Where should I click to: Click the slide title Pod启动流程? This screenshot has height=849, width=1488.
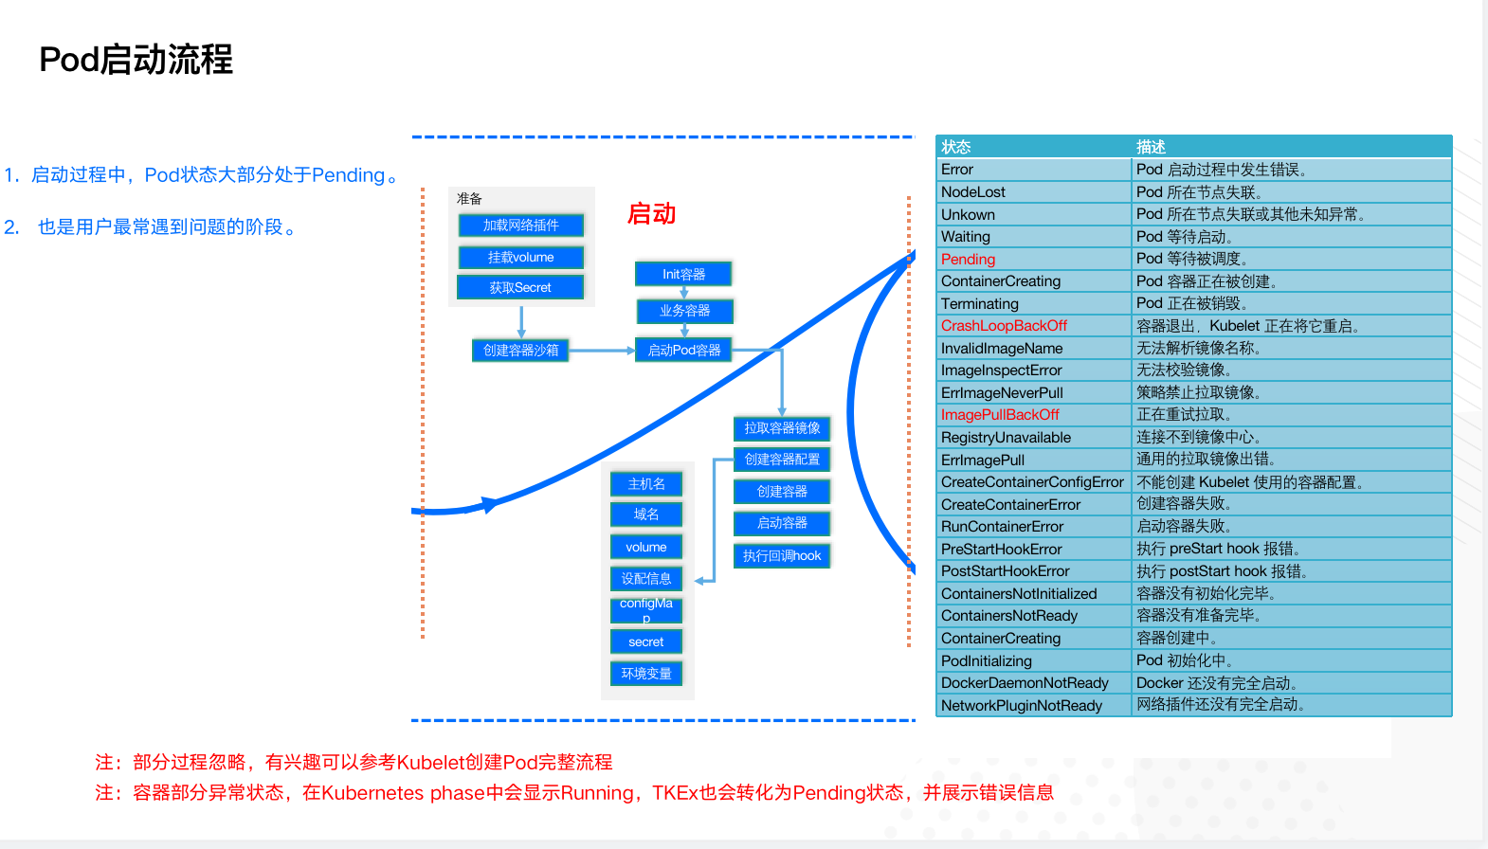coord(136,60)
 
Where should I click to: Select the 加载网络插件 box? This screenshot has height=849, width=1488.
coord(520,226)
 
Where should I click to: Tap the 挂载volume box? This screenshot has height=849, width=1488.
coord(520,257)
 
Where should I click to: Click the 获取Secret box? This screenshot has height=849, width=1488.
coord(520,287)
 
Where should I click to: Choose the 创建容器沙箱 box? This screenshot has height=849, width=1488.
coord(520,351)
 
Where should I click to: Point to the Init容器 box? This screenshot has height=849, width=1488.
coord(683,274)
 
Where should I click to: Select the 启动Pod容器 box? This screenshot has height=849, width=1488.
coord(683,351)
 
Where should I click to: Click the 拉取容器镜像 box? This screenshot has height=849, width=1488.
coord(782,428)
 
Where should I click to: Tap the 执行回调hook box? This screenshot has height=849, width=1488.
coord(782,556)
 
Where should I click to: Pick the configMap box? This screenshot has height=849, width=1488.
coord(646,610)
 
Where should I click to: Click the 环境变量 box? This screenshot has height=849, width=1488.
coord(646,674)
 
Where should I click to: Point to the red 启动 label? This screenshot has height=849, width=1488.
coord(651,214)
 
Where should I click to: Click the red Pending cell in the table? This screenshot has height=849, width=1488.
coord(968,260)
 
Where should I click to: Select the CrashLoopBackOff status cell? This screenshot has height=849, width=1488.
coord(1004,326)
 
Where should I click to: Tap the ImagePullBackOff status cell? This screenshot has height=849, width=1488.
coord(1000,415)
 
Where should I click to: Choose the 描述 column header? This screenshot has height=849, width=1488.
coord(1151,147)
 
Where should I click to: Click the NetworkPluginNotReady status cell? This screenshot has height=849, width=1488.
coord(1021,706)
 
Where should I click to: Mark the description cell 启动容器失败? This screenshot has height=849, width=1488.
coord(1184,527)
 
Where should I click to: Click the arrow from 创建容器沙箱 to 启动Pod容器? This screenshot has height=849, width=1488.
coord(602,351)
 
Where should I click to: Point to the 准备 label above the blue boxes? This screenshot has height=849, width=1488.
coord(469,199)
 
